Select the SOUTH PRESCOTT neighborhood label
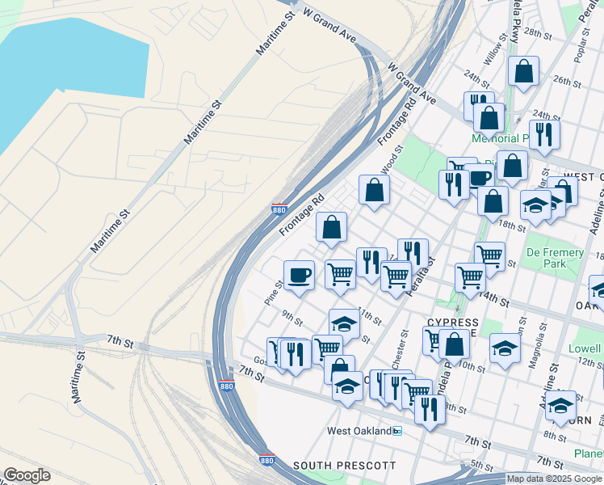coord(345,466)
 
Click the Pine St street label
coord(274,292)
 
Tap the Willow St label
coord(493,54)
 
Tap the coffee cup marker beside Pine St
coord(299,274)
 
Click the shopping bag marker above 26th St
coord(524,71)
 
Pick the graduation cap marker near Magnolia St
coord(505,348)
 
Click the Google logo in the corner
coord(27,475)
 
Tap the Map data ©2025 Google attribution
coord(555,479)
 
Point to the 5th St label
coord(481,466)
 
